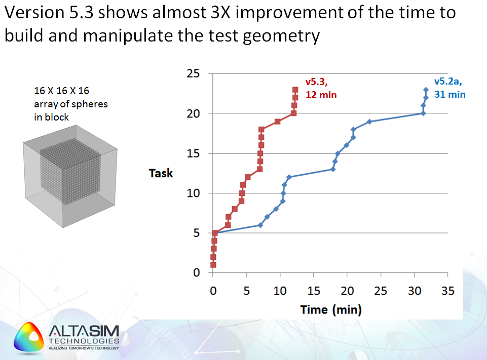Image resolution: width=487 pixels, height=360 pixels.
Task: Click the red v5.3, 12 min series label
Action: [320, 88]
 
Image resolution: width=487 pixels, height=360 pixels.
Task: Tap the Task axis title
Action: [161, 173]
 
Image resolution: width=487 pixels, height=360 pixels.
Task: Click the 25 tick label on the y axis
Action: [194, 74]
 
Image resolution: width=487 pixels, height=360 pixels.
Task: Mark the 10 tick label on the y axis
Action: [194, 193]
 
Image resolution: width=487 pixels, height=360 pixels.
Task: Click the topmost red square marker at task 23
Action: [295, 90]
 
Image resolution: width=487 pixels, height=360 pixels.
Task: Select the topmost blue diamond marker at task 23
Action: [426, 90]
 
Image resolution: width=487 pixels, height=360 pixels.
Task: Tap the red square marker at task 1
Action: [213, 265]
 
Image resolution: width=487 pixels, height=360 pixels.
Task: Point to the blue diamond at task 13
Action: [333, 169]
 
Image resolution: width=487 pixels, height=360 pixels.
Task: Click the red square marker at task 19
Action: [278, 122]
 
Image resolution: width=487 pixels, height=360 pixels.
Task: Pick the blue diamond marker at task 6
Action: [260, 225]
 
